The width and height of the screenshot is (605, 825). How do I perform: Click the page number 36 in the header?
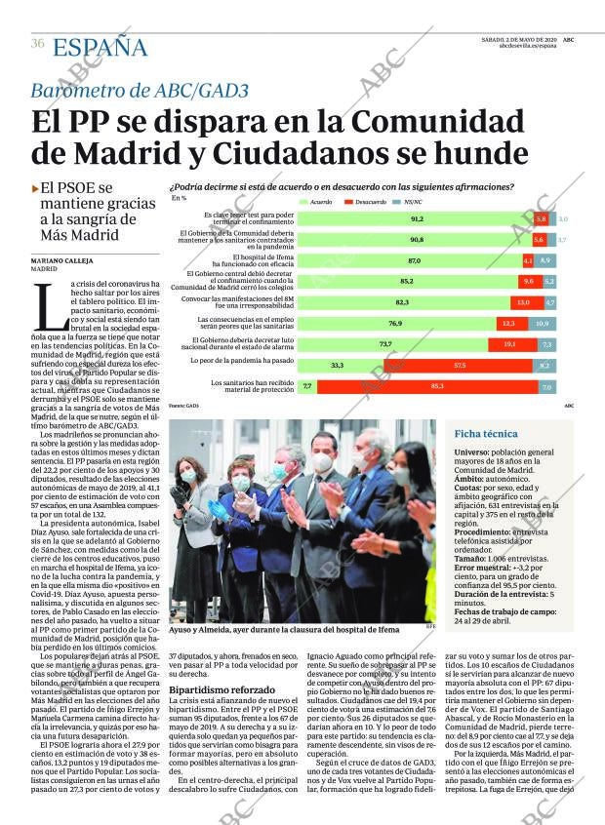coord(38,44)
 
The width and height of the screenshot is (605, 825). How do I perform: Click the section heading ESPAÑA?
coord(100,47)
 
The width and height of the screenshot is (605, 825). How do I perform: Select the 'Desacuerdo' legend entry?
coord(370,201)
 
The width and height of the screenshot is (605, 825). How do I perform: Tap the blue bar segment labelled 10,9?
coord(543,323)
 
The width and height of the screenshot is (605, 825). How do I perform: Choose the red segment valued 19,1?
coord(509,344)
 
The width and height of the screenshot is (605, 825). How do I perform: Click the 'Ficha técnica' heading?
coord(486,434)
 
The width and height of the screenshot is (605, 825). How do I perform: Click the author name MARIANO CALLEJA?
coord(63,260)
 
